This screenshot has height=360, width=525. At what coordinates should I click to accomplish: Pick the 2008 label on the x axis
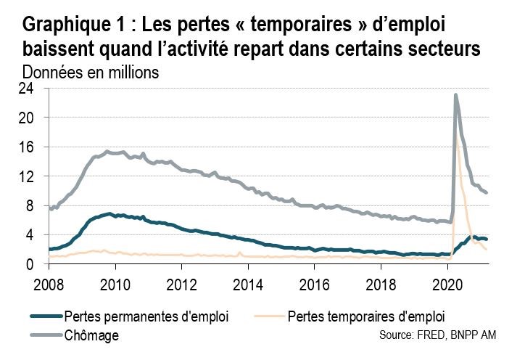point(49,283)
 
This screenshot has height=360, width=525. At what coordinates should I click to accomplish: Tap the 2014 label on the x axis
point(248,283)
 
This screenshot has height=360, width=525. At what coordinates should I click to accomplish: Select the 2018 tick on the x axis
point(381,283)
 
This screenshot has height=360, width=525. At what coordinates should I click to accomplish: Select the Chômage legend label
point(91,335)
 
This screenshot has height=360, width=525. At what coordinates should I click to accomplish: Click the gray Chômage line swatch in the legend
point(46,335)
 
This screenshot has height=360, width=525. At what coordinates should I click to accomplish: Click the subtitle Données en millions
point(90,73)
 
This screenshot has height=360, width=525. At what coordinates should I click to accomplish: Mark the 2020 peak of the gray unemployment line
point(455,94)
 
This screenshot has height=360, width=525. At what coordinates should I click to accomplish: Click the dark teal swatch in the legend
point(46,316)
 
